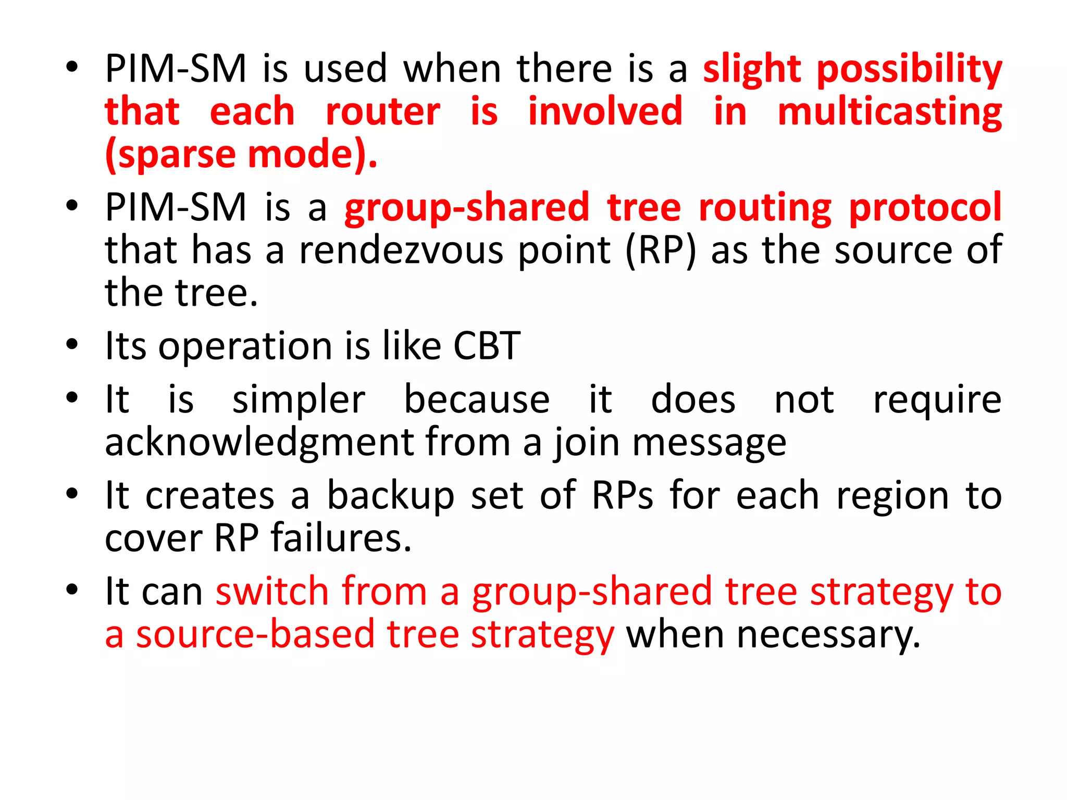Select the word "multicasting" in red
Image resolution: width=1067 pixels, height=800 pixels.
point(889,113)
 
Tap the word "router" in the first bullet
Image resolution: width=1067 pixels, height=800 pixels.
point(383,113)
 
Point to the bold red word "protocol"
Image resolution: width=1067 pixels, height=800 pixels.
point(925,208)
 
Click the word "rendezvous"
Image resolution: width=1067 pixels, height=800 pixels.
point(401,251)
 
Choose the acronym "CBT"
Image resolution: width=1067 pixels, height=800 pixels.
point(487,346)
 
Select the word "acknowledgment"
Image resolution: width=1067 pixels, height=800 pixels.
point(258,443)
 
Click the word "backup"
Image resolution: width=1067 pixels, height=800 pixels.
point(391,496)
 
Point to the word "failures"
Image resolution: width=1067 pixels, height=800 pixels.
point(341,538)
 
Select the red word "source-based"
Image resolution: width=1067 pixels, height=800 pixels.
point(255,634)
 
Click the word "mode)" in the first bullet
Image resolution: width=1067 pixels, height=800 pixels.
point(312,155)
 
